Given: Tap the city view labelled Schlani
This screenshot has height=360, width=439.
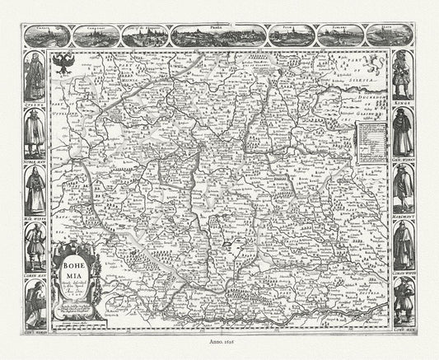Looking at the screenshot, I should pyautogui.click(x=340, y=35).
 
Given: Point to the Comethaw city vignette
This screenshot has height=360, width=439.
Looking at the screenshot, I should pyautogui.click(x=94, y=35).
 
